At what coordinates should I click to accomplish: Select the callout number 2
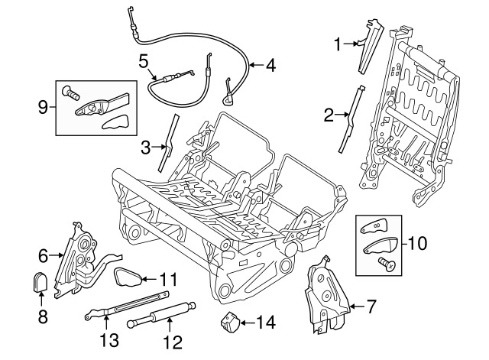tap(329, 116)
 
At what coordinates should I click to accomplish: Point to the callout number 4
tap(270, 66)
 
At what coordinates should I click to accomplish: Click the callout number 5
tap(144, 60)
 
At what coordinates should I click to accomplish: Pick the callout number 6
tap(44, 255)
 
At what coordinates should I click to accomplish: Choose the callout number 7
tap(371, 307)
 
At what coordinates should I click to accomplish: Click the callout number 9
tap(43, 107)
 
